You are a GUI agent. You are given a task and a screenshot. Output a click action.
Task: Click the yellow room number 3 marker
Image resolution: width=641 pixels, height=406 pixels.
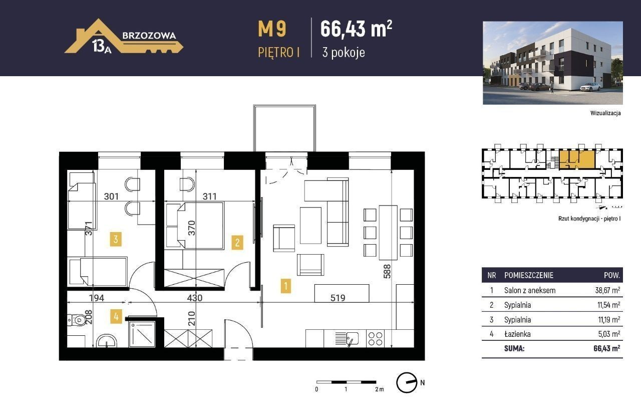(116, 240)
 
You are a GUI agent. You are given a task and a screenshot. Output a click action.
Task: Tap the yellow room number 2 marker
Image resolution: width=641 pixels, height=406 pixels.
(237, 243)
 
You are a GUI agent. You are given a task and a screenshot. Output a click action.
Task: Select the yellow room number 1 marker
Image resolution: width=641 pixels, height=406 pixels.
(285, 286)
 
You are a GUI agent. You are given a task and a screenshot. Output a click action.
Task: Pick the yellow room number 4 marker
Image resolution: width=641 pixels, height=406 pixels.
(116, 316)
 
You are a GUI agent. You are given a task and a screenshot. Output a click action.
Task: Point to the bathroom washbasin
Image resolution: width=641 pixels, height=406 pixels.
(107, 341)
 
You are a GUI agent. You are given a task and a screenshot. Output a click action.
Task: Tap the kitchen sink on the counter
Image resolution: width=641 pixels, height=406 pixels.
(347, 339)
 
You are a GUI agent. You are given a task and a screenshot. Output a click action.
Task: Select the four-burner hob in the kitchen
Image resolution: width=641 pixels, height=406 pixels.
(375, 339)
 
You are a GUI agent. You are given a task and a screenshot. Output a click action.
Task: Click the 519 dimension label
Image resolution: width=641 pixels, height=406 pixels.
(338, 298)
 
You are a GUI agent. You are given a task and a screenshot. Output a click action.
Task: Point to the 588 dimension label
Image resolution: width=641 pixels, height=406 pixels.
(387, 271)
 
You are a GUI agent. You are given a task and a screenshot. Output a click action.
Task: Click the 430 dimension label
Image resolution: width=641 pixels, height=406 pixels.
(195, 298)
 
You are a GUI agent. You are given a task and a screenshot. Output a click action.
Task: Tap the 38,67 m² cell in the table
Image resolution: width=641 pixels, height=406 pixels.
(607, 290)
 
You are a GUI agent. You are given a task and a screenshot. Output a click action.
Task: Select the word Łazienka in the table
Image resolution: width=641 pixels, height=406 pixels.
(517, 334)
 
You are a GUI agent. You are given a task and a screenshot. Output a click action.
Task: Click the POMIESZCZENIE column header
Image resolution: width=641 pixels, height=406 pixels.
(529, 276)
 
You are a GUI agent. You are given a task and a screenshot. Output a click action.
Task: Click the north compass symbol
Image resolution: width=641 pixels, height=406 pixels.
(407, 383)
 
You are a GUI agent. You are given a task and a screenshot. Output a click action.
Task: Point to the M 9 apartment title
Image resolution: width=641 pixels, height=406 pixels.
(272, 30)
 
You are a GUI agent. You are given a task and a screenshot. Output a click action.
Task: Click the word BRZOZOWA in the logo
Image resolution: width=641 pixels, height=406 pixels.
(149, 36)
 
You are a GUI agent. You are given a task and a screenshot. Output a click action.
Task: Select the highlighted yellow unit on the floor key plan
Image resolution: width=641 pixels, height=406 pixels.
(576, 159)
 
